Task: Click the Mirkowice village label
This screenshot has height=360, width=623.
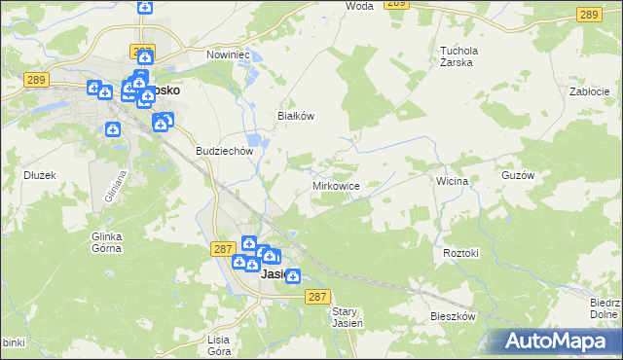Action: pyautogui.click(x=337, y=185)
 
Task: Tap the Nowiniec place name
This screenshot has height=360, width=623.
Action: pyautogui.click(x=228, y=54)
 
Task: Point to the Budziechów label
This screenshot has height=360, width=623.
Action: pyautogui.click(x=225, y=151)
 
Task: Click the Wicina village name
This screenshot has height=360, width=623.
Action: pyautogui.click(x=453, y=181)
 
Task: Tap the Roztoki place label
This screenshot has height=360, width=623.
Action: pyautogui.click(x=461, y=253)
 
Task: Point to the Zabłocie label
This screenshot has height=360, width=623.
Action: pyautogui.click(x=589, y=90)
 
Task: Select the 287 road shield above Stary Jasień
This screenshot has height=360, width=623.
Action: pyautogui.click(x=316, y=296)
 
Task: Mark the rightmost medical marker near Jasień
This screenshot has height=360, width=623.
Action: pyautogui.click(x=292, y=275)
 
